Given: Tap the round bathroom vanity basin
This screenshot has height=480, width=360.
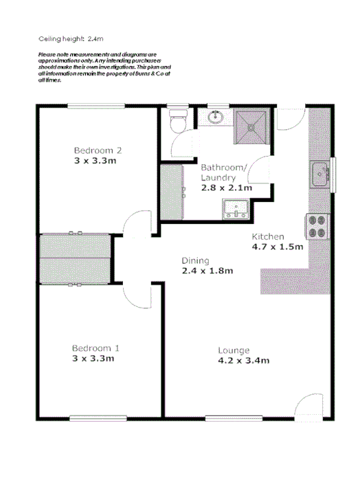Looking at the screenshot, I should (217, 118).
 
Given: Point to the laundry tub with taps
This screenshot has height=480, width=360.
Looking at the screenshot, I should (235, 207).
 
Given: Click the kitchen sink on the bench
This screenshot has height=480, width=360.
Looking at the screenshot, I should (319, 174).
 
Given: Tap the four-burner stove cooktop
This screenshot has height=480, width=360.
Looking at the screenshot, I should (317, 226).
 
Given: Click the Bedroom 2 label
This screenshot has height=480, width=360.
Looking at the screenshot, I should (98, 150).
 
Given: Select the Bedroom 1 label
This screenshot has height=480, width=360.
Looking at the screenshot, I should (95, 347).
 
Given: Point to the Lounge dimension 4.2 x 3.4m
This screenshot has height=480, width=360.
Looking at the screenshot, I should (243, 360).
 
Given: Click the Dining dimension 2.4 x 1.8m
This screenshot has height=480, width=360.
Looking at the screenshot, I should (207, 271).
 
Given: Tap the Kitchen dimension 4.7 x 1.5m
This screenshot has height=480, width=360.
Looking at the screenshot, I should (278, 248).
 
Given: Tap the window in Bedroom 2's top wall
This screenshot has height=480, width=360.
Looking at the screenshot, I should (95, 105).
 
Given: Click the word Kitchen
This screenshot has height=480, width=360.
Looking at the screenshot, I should (265, 236).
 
